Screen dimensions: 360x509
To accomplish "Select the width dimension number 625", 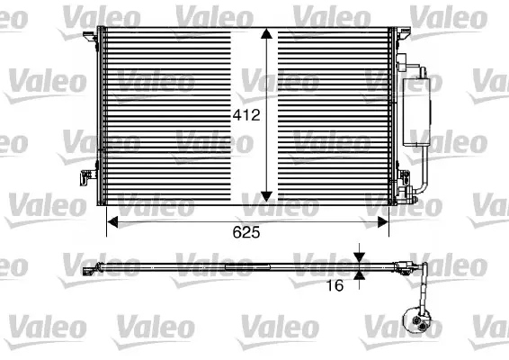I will [246, 232].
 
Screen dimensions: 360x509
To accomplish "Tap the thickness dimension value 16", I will [335, 286].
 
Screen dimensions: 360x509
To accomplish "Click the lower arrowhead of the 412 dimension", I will [267, 195].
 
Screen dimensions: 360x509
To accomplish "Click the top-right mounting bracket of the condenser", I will [397, 33].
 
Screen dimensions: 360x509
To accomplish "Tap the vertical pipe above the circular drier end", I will [420, 288].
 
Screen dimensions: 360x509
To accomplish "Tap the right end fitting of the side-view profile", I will [414, 265].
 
